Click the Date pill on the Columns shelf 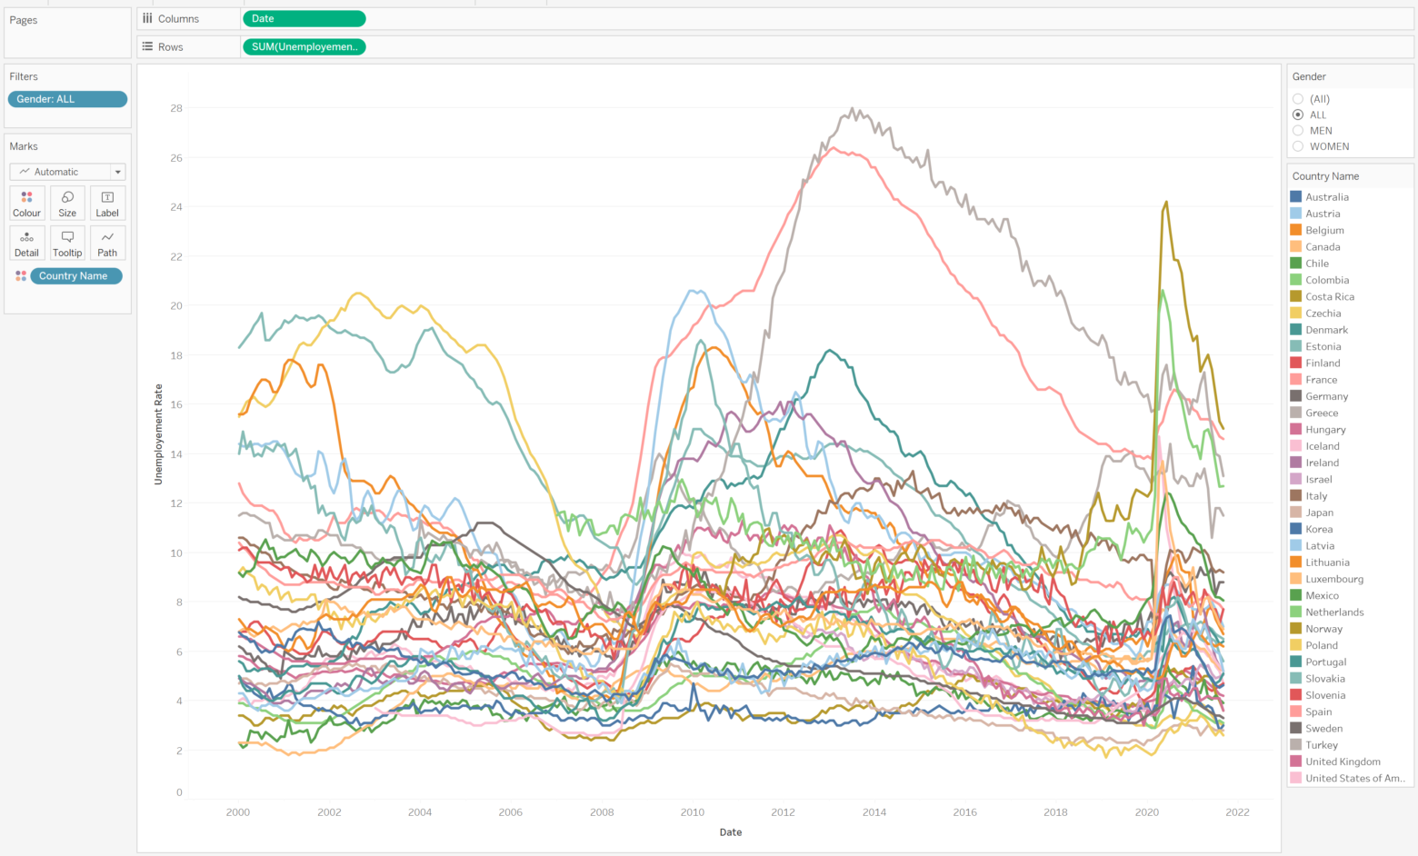coord(304,18)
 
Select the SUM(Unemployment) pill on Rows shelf coord(304,46)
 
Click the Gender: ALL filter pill coord(67,99)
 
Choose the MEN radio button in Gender coord(1298,131)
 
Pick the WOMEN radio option coord(1298,146)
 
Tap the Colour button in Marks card coord(27,203)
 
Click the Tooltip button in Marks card coord(67,243)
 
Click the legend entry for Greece coord(1322,413)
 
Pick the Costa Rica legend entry coord(1329,296)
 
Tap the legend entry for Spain coord(1318,712)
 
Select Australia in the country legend coord(1326,197)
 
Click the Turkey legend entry coord(1321,745)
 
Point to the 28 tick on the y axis coord(176,108)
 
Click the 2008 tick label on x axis coord(602,812)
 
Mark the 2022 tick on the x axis coord(1237,812)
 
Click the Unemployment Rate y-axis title coord(158,434)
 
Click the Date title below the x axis coord(731,832)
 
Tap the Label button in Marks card coord(107,203)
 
